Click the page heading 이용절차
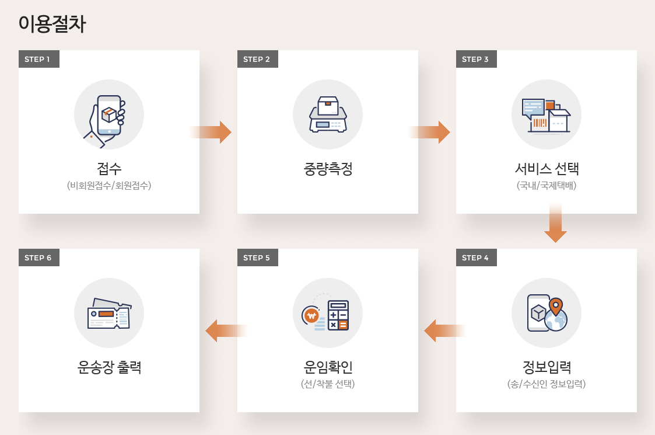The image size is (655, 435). click(x=52, y=24)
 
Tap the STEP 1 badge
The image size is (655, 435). click(x=38, y=59)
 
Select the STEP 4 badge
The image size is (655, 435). click(x=476, y=257)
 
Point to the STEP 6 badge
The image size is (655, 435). click(x=38, y=257)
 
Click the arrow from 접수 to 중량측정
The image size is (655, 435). click(x=211, y=133)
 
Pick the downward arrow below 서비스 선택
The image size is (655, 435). click(x=555, y=224)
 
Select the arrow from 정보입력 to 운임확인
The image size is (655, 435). click(x=444, y=331)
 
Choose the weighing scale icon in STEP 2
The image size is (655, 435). click(x=328, y=115)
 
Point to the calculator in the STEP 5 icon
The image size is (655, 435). click(x=338, y=315)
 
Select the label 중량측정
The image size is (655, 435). click(x=328, y=169)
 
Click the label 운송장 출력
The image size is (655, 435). click(x=109, y=367)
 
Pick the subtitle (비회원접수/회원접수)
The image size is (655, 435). click(x=109, y=186)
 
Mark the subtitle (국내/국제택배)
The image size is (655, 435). click(x=547, y=186)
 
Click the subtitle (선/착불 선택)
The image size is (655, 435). click(x=328, y=384)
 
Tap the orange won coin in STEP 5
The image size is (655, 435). click(x=311, y=316)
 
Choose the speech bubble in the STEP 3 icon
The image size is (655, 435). click(x=533, y=108)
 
